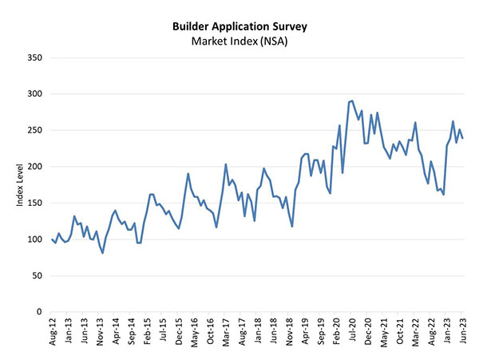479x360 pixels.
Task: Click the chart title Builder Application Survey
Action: (240, 26)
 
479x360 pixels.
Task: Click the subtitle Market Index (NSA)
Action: (240, 42)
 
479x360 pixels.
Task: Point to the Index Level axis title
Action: (19, 185)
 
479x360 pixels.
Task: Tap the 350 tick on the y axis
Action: (36, 57)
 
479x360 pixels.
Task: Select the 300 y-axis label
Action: (36, 94)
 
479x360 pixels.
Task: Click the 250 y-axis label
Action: (36, 130)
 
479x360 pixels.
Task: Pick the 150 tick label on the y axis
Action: (36, 203)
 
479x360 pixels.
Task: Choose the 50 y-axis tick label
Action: (38, 275)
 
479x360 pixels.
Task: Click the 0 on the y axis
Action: (41, 312)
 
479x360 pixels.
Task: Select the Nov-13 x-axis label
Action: (101, 331)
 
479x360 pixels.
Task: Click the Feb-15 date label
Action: (148, 331)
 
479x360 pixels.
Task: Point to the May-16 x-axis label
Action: (194, 331)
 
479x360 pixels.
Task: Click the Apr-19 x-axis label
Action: (304, 331)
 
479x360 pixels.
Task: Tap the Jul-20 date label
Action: (351, 331)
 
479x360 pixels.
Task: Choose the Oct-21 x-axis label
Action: (398, 331)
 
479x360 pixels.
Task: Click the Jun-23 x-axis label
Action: (462, 331)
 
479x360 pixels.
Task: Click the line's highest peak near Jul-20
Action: (353, 101)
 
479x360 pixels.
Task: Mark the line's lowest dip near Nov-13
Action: (103, 252)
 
